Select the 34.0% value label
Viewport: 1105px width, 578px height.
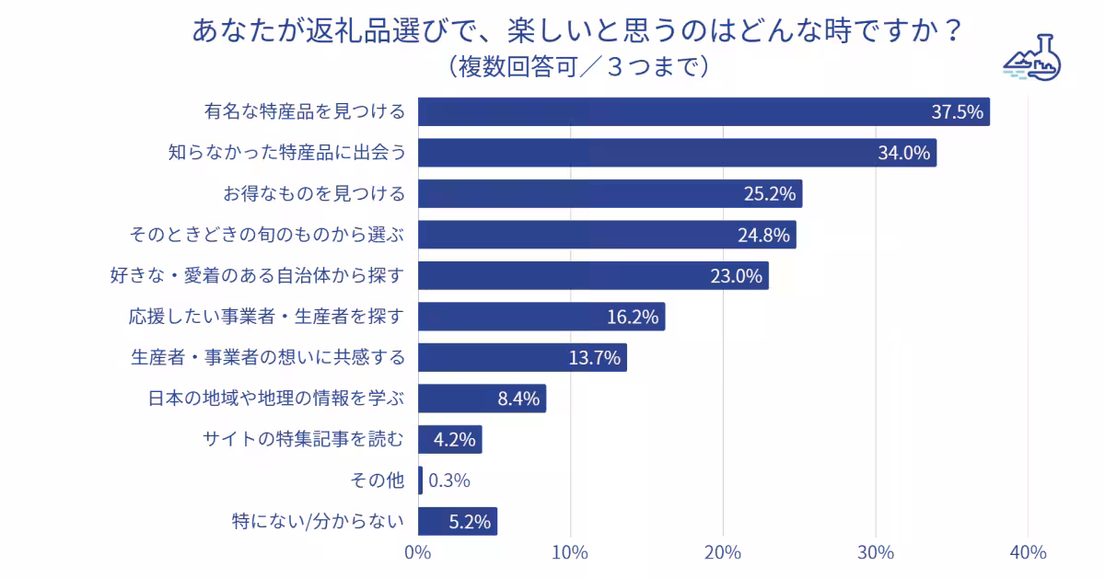point(904,153)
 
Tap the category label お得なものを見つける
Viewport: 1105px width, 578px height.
point(314,193)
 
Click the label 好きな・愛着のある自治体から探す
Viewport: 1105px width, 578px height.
point(257,275)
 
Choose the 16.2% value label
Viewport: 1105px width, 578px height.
point(633,317)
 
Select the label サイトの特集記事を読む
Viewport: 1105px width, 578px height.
point(303,439)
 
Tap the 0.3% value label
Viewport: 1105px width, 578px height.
point(449,480)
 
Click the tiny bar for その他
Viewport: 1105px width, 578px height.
point(421,480)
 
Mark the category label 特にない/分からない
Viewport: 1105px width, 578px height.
point(318,521)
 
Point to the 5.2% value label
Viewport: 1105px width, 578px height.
point(469,521)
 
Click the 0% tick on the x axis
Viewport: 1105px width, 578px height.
point(418,553)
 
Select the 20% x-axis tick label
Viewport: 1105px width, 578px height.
point(723,553)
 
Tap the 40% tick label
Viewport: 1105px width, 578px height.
point(1028,553)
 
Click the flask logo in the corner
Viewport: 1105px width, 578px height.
point(1031,58)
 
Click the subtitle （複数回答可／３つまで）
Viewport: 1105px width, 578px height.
point(577,66)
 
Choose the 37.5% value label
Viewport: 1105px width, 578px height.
point(958,112)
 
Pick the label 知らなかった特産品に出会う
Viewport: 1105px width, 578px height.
point(286,153)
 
